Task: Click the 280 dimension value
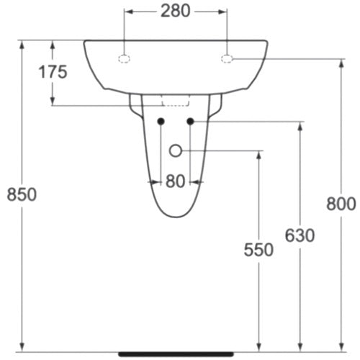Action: [x=175, y=11]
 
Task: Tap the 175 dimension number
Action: [x=53, y=72]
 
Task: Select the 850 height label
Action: [x=22, y=194]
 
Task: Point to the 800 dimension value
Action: [x=341, y=204]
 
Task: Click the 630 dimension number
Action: [x=300, y=235]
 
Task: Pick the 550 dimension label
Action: [x=258, y=250]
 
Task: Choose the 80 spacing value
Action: [x=175, y=181]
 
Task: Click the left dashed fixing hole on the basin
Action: [x=124, y=59]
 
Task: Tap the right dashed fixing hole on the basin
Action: [x=227, y=59]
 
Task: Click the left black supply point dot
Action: [x=161, y=122]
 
